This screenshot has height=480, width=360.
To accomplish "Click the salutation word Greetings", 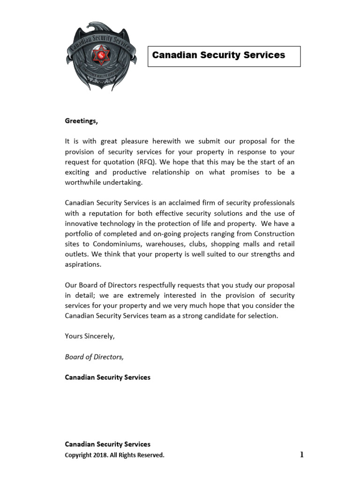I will point(81,121).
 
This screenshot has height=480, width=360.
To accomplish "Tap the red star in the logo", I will point(101,56).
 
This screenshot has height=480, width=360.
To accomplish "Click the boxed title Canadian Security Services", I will point(218,55).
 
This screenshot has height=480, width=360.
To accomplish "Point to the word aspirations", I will point(82,264).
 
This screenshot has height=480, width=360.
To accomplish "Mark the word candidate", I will point(221,316).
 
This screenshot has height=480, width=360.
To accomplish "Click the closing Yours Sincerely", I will point(90,336).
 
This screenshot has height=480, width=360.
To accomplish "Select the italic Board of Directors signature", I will point(94,357).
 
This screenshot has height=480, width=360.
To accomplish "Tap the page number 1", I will point(302,454).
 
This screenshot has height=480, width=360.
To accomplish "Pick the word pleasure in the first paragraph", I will point(132,141).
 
